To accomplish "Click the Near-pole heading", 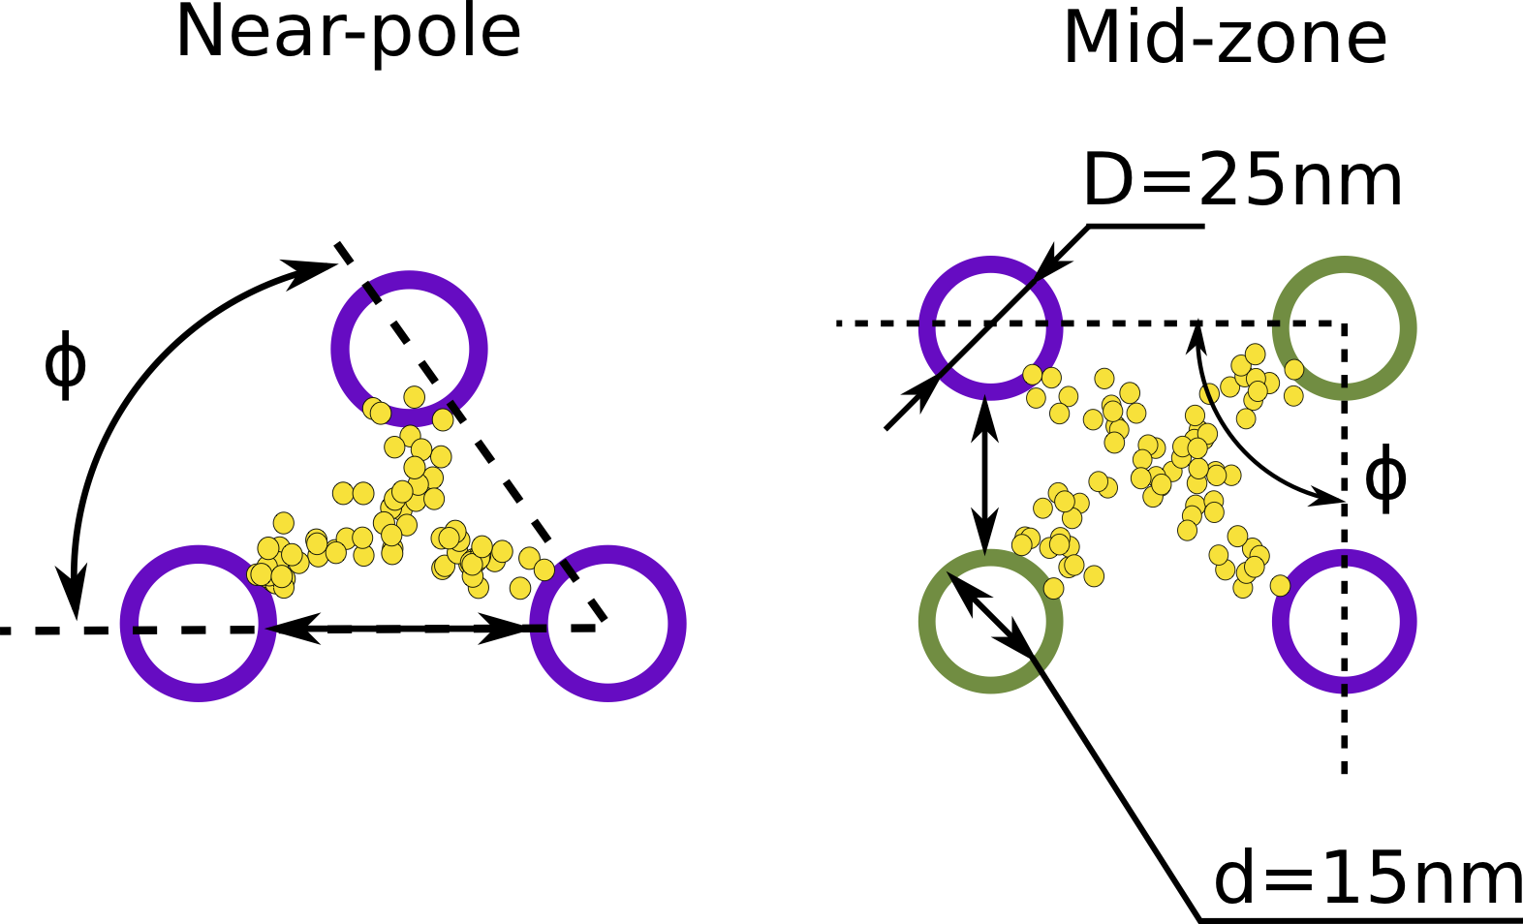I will click(348, 33).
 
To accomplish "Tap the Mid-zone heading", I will click(1225, 39).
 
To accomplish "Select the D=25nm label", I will click(1242, 181).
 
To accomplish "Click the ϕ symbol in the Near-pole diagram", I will click(65, 365).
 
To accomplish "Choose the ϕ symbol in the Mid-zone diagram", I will click(1384, 478).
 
